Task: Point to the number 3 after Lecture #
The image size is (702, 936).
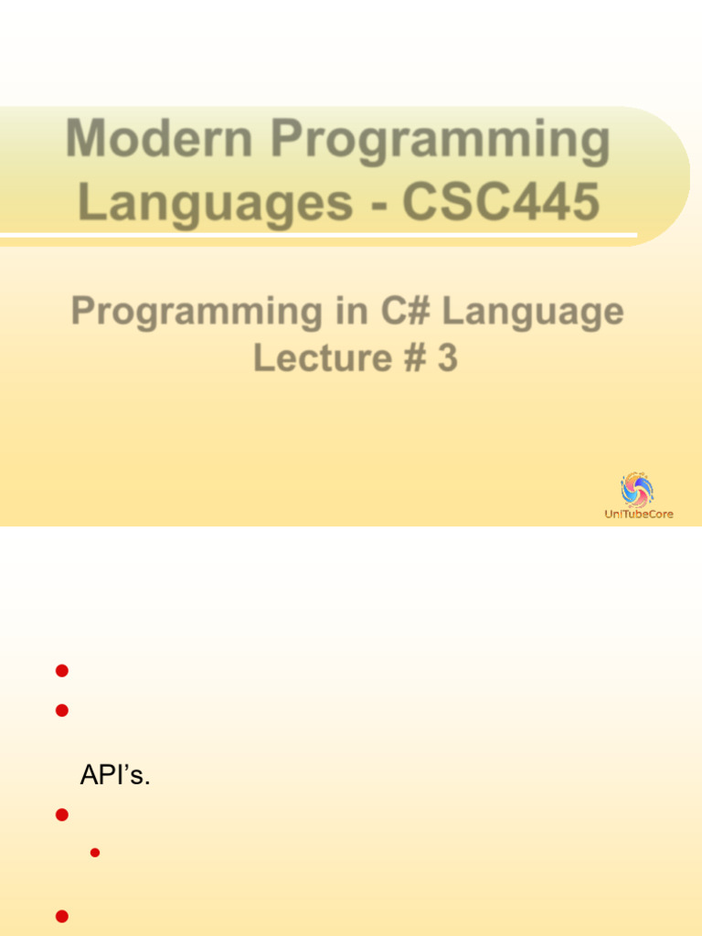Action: pos(447,357)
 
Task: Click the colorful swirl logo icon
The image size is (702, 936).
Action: pos(637,490)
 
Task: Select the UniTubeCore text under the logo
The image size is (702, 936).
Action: pos(639,514)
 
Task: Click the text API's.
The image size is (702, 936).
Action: pos(115,775)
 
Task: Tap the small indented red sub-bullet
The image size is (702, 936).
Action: pos(94,853)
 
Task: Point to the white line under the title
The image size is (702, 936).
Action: pos(320,237)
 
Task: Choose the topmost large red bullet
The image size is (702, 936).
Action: pos(62,671)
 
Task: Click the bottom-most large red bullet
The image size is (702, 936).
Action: pos(62,916)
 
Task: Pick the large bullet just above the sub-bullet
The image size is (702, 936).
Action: pos(62,814)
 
